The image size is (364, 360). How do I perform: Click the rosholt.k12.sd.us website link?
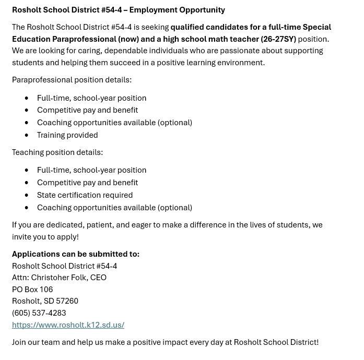click(x=68, y=325)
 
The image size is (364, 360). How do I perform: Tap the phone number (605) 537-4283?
click(x=39, y=313)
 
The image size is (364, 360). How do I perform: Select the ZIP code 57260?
click(x=67, y=301)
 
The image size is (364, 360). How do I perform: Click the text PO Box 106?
click(x=32, y=289)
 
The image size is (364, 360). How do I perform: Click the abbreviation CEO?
click(x=98, y=278)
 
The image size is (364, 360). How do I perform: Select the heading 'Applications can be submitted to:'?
click(x=76, y=254)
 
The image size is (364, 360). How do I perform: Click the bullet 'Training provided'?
click(x=67, y=135)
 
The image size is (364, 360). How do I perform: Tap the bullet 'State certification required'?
click(x=85, y=195)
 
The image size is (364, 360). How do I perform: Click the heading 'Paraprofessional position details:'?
click(x=72, y=80)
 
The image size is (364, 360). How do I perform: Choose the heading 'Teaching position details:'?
click(x=57, y=152)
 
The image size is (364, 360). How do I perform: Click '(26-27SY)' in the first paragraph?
click(x=278, y=39)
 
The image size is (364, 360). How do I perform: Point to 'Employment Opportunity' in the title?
click(x=177, y=10)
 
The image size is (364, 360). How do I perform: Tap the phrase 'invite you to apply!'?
click(x=45, y=237)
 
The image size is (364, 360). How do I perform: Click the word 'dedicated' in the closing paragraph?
click(x=64, y=225)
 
